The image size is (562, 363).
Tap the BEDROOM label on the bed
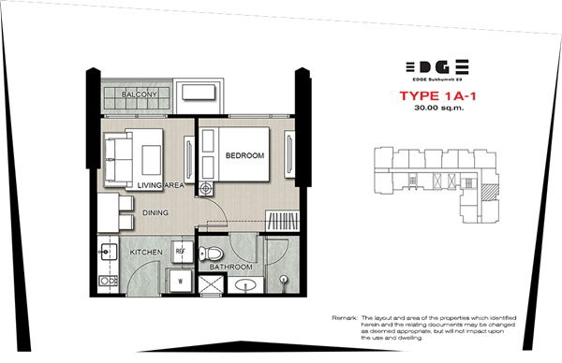point(244,155)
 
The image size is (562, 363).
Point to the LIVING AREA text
point(158,186)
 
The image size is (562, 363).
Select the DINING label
point(155,212)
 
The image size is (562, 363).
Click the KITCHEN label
point(147,253)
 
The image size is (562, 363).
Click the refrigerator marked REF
point(184,253)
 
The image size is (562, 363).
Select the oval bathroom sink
point(245,284)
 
